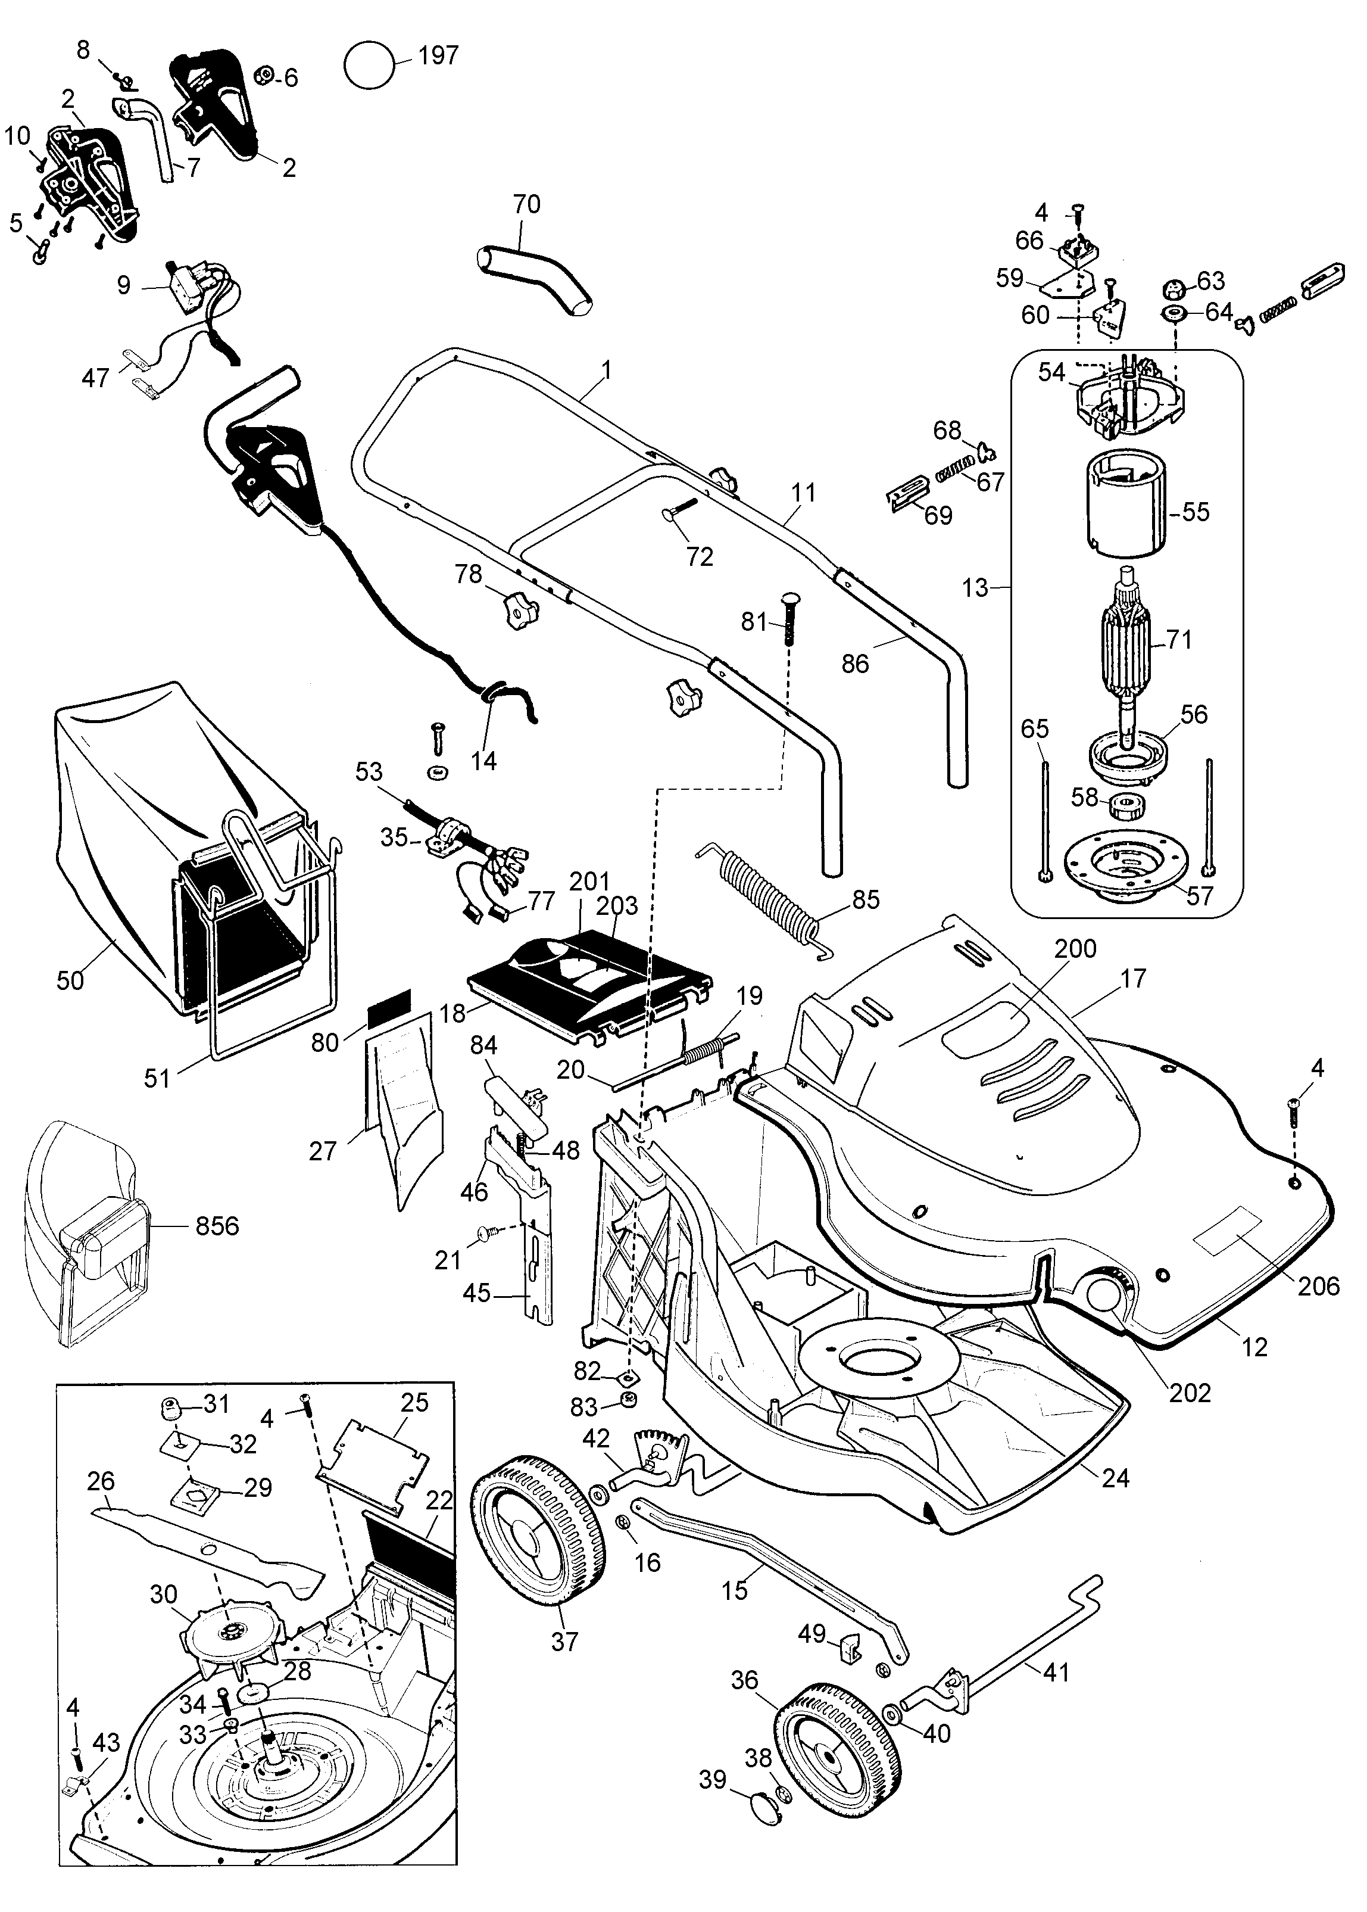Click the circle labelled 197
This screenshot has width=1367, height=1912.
(370, 65)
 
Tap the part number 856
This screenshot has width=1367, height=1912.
(217, 1226)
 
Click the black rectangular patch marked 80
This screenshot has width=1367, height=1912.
(388, 1001)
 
